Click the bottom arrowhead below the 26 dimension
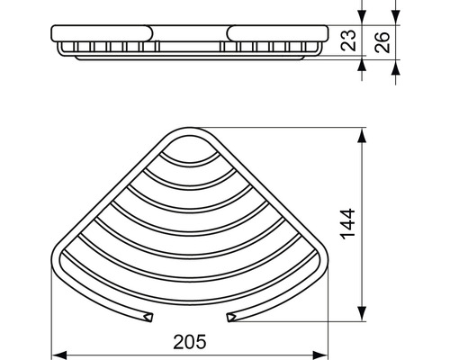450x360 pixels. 395,71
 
